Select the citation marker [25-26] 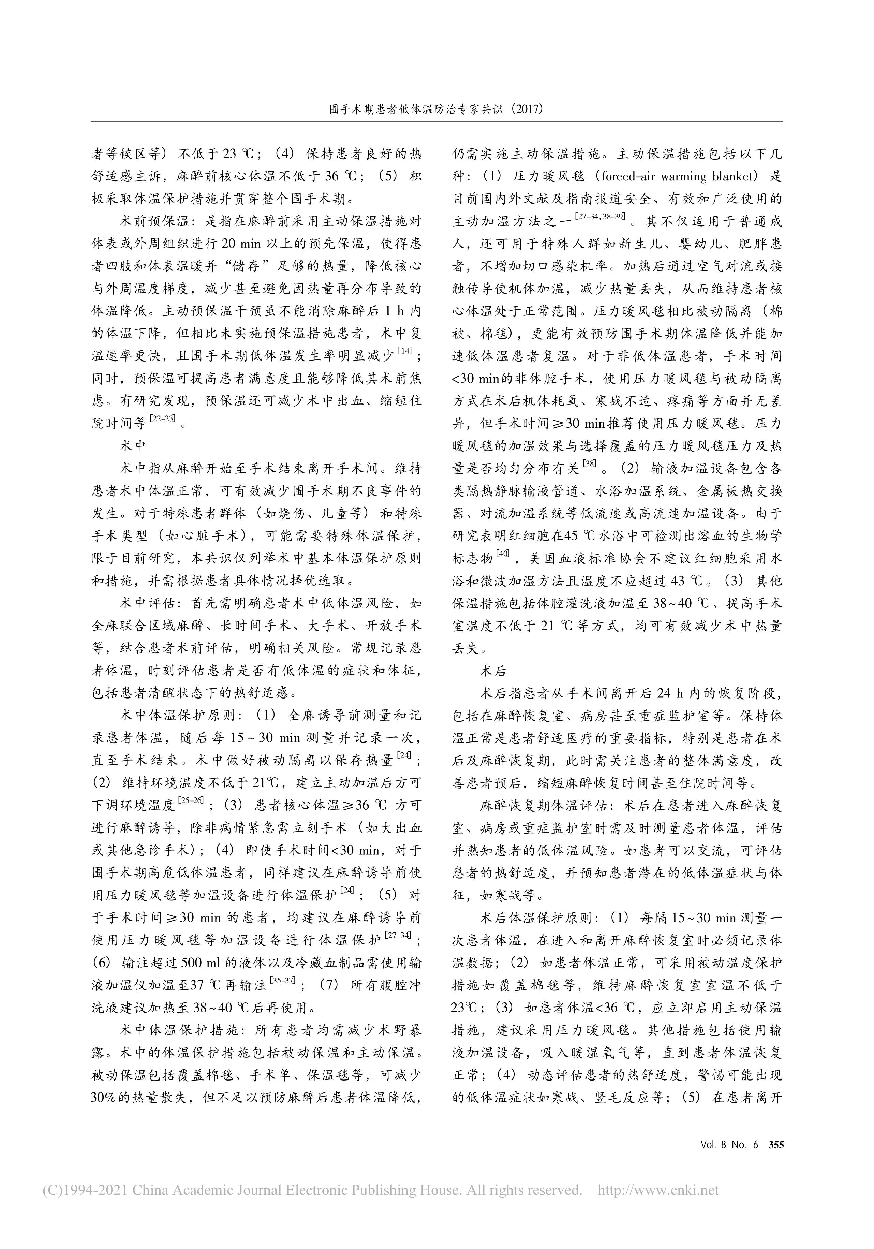[x=190, y=800]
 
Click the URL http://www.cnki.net [x=658, y=1201]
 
